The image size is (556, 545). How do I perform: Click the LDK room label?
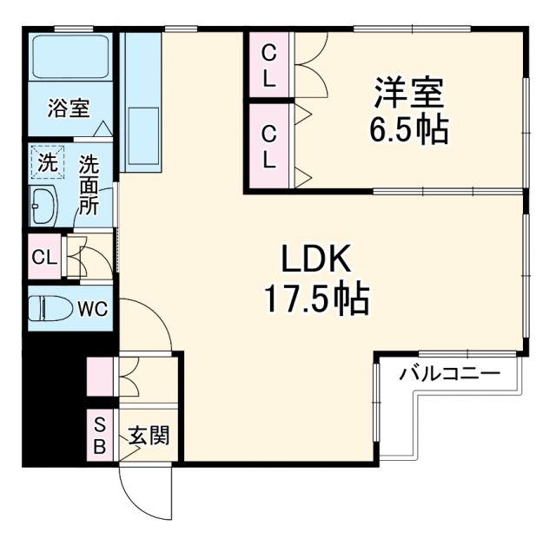click(314, 259)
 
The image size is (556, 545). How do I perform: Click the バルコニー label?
click(449, 375)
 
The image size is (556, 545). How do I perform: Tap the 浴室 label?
click(69, 109)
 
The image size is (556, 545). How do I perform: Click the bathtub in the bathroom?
click(69, 57)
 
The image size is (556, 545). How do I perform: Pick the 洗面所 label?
click(89, 185)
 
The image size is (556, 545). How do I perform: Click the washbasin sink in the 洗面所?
click(43, 207)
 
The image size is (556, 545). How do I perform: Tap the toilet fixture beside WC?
click(50, 309)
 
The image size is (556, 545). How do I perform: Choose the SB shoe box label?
click(100, 436)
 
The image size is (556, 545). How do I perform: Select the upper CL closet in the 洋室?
click(269, 66)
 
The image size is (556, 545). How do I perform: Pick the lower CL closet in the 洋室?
click(269, 147)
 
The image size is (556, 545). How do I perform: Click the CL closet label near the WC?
click(43, 258)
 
